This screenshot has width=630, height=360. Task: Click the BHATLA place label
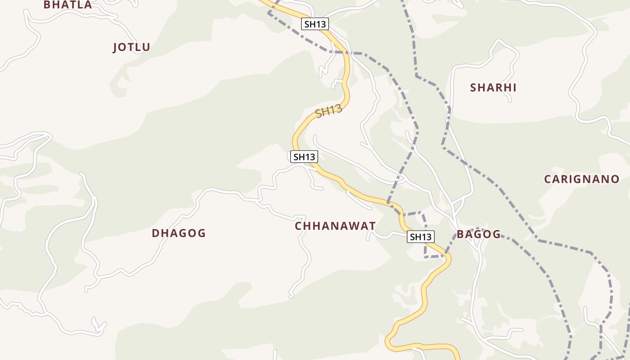[x=67, y=4]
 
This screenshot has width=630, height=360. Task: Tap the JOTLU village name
[x=131, y=47]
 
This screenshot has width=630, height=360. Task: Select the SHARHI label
[x=493, y=87]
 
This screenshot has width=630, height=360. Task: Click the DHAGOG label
[x=179, y=233]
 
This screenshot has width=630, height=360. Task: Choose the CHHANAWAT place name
[x=335, y=226]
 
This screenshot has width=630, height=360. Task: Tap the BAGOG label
[x=478, y=234]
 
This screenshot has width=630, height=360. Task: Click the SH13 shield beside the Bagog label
[x=421, y=237]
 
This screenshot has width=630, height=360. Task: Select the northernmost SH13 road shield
[x=315, y=24]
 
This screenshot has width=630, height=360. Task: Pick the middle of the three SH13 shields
[x=304, y=157]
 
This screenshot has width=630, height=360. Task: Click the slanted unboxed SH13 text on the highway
[x=329, y=111]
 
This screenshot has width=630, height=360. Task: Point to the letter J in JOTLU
[x=116, y=47]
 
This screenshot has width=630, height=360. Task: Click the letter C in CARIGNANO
[x=548, y=179]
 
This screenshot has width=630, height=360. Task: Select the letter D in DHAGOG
[x=156, y=233]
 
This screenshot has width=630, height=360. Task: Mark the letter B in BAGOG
[x=460, y=234]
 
